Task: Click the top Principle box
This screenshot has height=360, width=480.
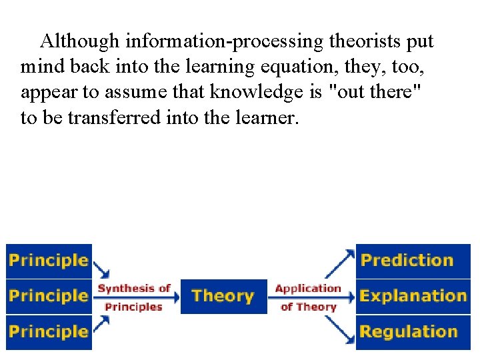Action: [48, 261]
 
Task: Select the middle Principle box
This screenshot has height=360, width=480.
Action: [48, 296]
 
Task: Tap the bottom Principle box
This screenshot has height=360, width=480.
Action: [48, 331]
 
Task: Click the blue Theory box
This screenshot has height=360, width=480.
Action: [223, 296]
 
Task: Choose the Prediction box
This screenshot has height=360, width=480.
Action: [413, 261]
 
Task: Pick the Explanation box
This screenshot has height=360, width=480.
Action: [413, 296]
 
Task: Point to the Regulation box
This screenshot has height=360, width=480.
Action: [413, 331]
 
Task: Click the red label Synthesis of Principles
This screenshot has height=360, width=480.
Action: [134, 297]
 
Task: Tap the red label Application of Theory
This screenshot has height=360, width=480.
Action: [308, 297]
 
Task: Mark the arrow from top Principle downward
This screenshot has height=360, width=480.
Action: [102, 269]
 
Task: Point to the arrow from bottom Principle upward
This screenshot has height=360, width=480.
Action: [102, 324]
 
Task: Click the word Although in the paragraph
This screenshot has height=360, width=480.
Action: [79, 41]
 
